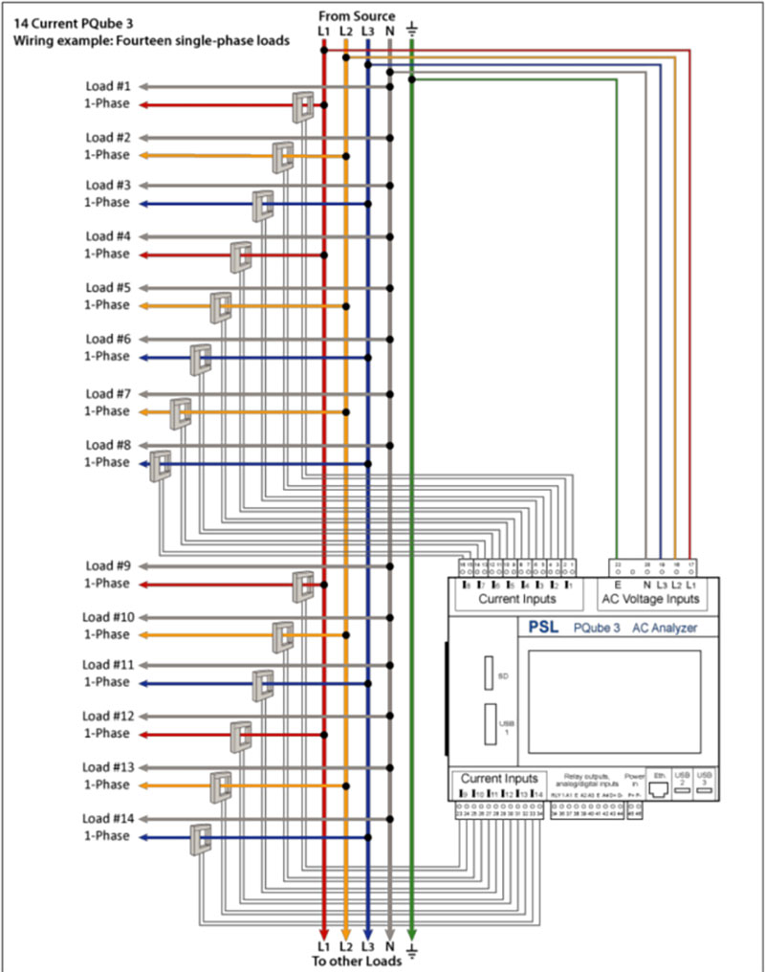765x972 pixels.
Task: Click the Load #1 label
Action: [x=114, y=86]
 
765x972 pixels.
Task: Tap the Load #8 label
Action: [x=114, y=445]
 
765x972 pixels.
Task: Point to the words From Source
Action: [x=357, y=16]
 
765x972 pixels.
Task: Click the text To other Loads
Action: [x=357, y=961]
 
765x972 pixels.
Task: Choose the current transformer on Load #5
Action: [x=222, y=306]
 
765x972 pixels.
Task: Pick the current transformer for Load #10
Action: [x=282, y=636]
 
